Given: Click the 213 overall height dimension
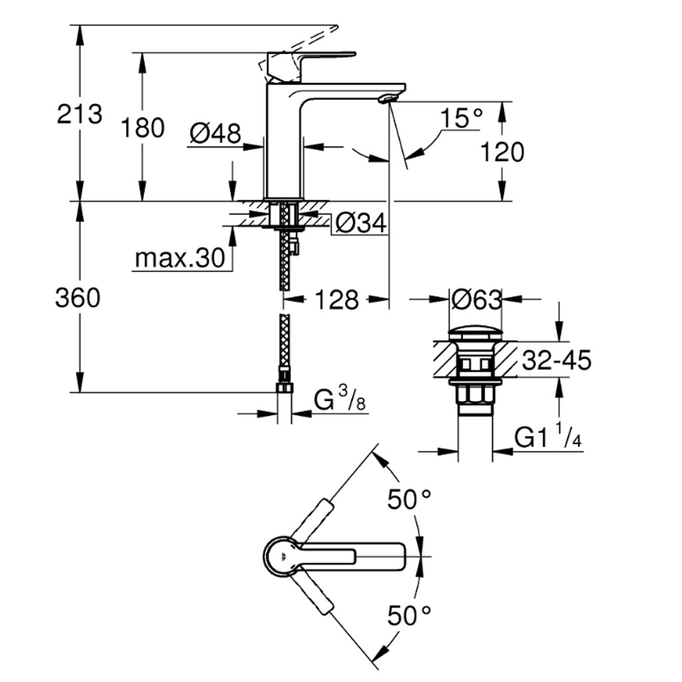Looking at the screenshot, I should coord(80,115).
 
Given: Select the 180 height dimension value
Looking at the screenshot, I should coord(142,127).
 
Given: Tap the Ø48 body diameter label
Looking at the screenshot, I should coord(214,134).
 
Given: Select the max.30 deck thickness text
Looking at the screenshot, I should coord(180,258).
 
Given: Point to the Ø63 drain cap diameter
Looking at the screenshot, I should coord(476,300).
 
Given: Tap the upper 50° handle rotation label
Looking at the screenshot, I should coord(409,500).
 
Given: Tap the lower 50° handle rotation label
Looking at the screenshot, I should coord(409,615).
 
